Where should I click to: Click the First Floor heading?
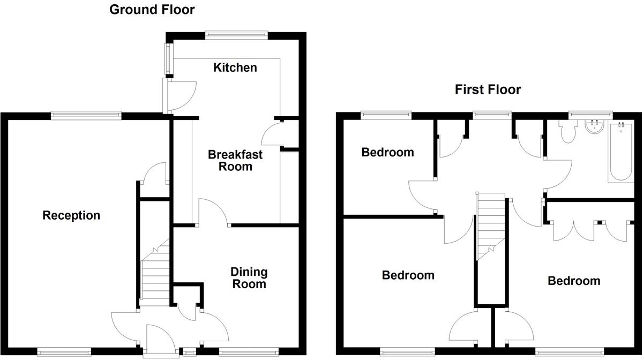point(488,89)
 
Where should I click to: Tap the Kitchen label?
point(235,67)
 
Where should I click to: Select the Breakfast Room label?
point(235,160)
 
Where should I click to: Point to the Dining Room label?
point(249,277)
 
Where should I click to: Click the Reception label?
point(71,215)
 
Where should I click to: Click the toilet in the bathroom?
point(567,130)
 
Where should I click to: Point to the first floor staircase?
point(491,225)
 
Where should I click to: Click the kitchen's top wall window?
point(236,35)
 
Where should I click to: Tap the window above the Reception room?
point(86,114)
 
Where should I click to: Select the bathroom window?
point(590,114)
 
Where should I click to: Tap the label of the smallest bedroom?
point(387,152)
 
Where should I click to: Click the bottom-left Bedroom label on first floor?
point(408,275)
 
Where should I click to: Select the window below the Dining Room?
point(249,351)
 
